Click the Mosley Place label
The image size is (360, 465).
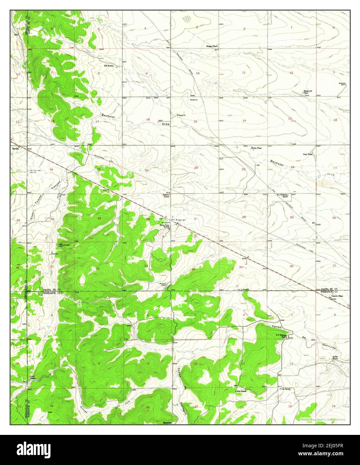pyautogui.click(x=256, y=148)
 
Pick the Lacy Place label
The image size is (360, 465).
pyautogui.click(x=308, y=154)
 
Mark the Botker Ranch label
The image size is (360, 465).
pyautogui.click(x=335, y=358)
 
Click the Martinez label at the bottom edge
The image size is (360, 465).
pyautogui.click(x=167, y=423)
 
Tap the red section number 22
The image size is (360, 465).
pyautogui.click(x=196, y=167)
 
